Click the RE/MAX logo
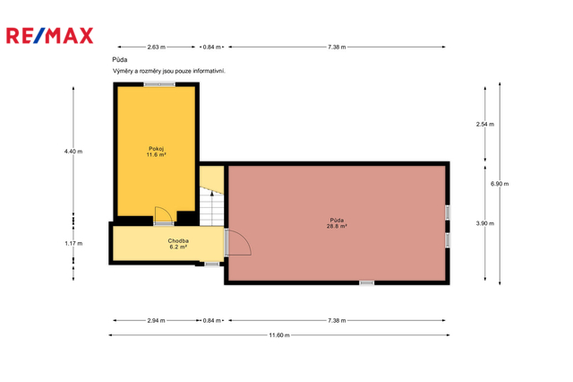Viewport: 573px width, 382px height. click(50, 36)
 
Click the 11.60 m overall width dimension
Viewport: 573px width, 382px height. click(279, 335)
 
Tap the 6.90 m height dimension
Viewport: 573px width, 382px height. click(500, 184)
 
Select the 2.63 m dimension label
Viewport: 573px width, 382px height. click(156, 47)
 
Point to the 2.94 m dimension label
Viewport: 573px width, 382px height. click(156, 320)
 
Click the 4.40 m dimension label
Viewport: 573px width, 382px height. click(73, 152)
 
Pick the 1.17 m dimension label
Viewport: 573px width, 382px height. click(73, 243)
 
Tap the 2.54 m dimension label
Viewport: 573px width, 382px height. click(485, 125)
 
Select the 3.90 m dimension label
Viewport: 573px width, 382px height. click(485, 223)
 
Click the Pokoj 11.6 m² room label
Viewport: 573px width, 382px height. click(157, 152)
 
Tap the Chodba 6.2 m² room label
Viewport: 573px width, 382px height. click(178, 244)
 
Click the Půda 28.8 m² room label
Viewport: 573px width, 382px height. click(337, 223)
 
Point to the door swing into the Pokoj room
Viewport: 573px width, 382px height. click(163, 214)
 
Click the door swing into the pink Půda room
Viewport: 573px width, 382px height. click(238, 242)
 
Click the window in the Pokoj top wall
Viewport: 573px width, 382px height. click(159, 84)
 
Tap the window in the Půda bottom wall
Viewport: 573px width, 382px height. click(366, 282)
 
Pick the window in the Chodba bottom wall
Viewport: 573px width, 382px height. click(212, 264)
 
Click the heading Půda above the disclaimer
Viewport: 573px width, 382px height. click(120, 60)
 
